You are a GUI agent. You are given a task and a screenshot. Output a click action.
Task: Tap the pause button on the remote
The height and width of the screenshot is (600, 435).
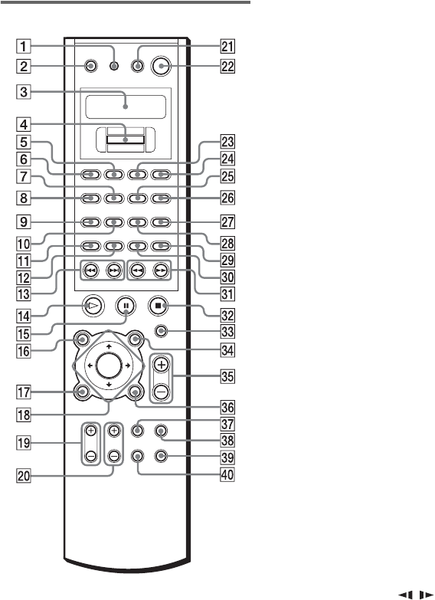coord(126,306)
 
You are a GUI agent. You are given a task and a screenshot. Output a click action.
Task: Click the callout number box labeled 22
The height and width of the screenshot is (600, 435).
coord(227,67)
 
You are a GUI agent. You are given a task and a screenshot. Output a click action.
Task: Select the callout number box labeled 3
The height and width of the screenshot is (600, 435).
coord(24,92)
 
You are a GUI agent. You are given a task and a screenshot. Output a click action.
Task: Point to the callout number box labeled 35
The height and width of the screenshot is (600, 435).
coord(227,375)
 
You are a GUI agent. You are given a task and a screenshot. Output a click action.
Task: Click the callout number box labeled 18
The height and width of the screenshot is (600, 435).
coord(24,415)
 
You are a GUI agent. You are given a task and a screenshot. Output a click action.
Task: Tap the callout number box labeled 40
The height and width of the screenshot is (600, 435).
coord(227,475)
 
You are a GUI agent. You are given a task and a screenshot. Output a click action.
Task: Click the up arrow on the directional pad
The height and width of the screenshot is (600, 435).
coord(109,346)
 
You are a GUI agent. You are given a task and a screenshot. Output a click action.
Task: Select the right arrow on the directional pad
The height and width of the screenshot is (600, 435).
coord(127,366)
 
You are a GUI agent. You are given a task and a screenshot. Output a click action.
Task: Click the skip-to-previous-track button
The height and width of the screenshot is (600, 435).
coord(90,270)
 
